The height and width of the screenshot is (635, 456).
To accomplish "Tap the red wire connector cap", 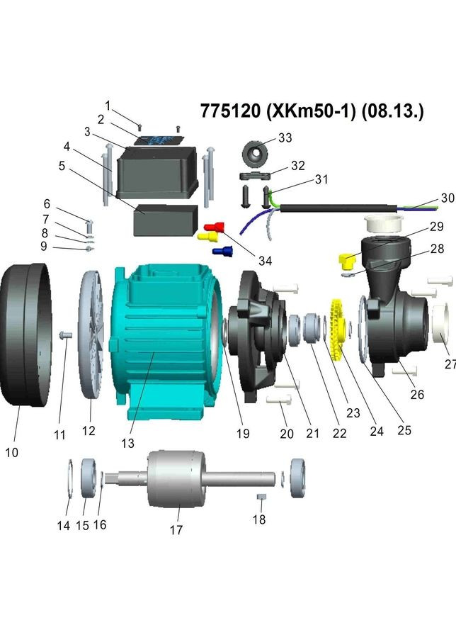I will pyautogui.click(x=215, y=227).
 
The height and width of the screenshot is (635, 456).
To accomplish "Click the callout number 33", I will pyautogui.click(x=285, y=137).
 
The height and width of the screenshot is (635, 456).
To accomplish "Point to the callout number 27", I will pyautogui.click(x=450, y=364).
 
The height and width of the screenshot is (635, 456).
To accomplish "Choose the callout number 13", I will pyautogui.click(x=127, y=443).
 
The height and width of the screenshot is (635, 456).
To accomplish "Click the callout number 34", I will pyautogui.click(x=264, y=261).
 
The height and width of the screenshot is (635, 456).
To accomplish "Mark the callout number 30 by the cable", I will pyautogui.click(x=448, y=198).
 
